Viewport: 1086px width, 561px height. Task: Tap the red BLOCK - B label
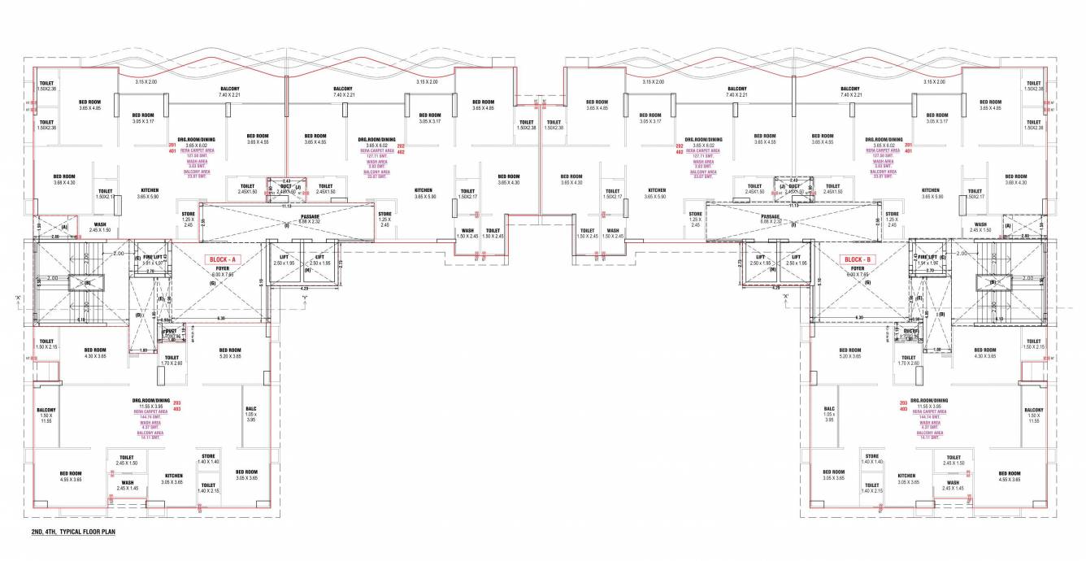pos(858,259)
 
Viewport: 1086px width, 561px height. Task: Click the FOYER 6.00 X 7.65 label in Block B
pos(857,271)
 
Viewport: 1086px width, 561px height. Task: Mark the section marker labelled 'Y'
pos(305,297)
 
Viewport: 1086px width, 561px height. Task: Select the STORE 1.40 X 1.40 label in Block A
pos(209,459)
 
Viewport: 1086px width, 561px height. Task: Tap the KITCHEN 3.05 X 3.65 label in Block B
pos(906,479)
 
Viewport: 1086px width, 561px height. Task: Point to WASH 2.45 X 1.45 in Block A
pos(128,485)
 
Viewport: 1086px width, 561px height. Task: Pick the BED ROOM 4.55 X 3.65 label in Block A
pos(70,476)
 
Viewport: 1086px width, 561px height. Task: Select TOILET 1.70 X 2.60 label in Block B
pos(909,360)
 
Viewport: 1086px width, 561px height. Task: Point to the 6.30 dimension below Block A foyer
pos(220,318)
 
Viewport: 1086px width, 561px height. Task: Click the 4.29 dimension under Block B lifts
pos(776,287)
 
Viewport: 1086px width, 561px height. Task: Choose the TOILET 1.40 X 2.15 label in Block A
pos(208,488)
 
